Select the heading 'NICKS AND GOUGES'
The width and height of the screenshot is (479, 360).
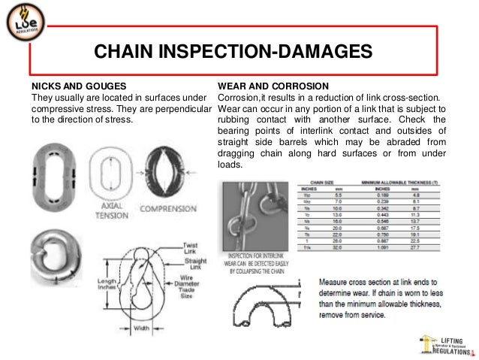pos(77,85)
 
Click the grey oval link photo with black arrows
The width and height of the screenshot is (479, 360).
pos(52,177)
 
